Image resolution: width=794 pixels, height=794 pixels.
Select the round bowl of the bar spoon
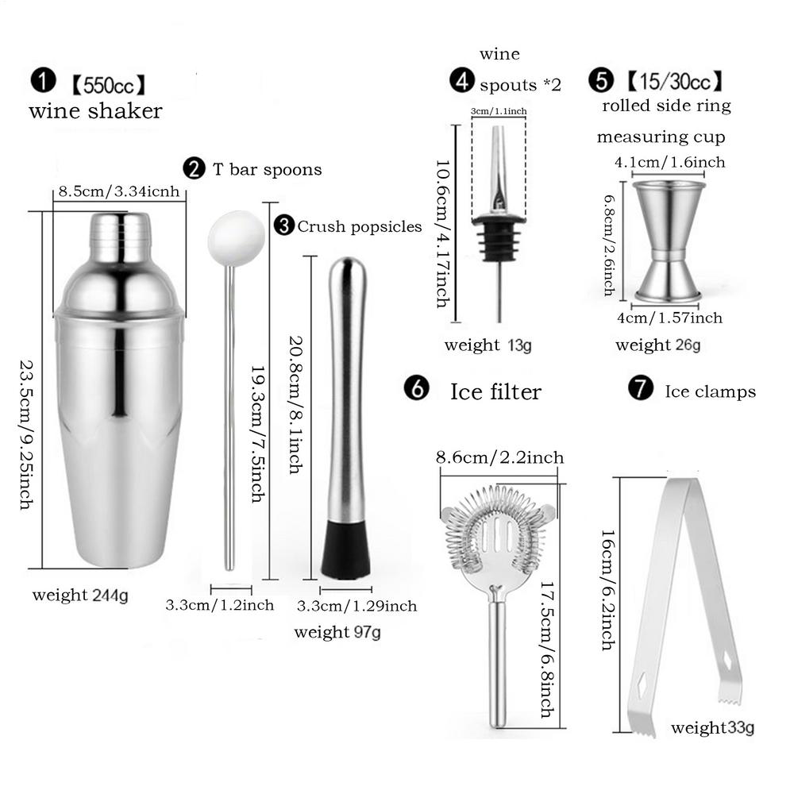pos(236,237)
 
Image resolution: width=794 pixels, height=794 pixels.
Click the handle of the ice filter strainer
pos(497,659)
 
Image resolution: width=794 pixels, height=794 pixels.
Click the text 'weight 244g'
pos(80,595)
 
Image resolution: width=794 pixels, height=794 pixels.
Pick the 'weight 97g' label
pos(337,632)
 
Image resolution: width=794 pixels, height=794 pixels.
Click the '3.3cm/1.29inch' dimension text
pos(357,606)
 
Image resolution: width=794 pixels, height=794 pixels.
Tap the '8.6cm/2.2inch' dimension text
pos(499,457)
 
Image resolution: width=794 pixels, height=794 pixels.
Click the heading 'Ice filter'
pos(495,391)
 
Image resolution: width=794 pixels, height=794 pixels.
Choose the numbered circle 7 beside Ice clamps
pos(640,389)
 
